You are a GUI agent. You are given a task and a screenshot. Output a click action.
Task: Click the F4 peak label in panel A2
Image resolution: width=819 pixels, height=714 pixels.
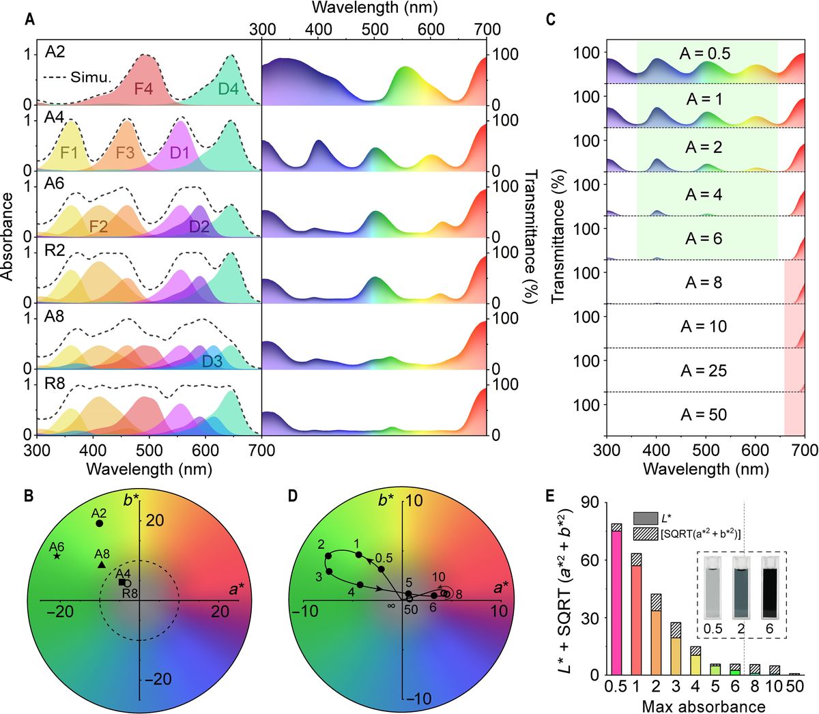click(143, 88)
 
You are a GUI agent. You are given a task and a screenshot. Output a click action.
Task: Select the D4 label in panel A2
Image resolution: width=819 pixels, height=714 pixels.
click(229, 88)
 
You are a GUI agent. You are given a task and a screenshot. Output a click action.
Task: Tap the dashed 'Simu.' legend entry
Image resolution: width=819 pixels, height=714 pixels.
click(76, 77)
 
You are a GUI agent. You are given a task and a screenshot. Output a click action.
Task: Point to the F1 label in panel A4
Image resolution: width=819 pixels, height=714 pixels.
click(69, 153)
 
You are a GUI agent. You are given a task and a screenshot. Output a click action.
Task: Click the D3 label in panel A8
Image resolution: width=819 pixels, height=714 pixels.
click(212, 361)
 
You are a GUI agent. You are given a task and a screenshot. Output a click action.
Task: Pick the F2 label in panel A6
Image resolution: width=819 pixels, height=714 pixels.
click(99, 225)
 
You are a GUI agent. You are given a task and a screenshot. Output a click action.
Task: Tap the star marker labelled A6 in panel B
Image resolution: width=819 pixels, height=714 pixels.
click(57, 556)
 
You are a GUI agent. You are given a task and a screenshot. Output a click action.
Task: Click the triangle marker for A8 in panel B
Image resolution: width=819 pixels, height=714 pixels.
click(102, 565)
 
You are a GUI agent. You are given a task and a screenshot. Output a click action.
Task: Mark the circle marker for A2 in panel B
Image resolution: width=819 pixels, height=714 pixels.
click(100, 524)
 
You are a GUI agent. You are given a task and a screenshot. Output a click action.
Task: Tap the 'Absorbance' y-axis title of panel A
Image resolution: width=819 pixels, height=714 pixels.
click(9, 236)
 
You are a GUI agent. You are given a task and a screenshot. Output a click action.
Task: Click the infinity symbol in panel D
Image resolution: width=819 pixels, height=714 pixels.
click(392, 605)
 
